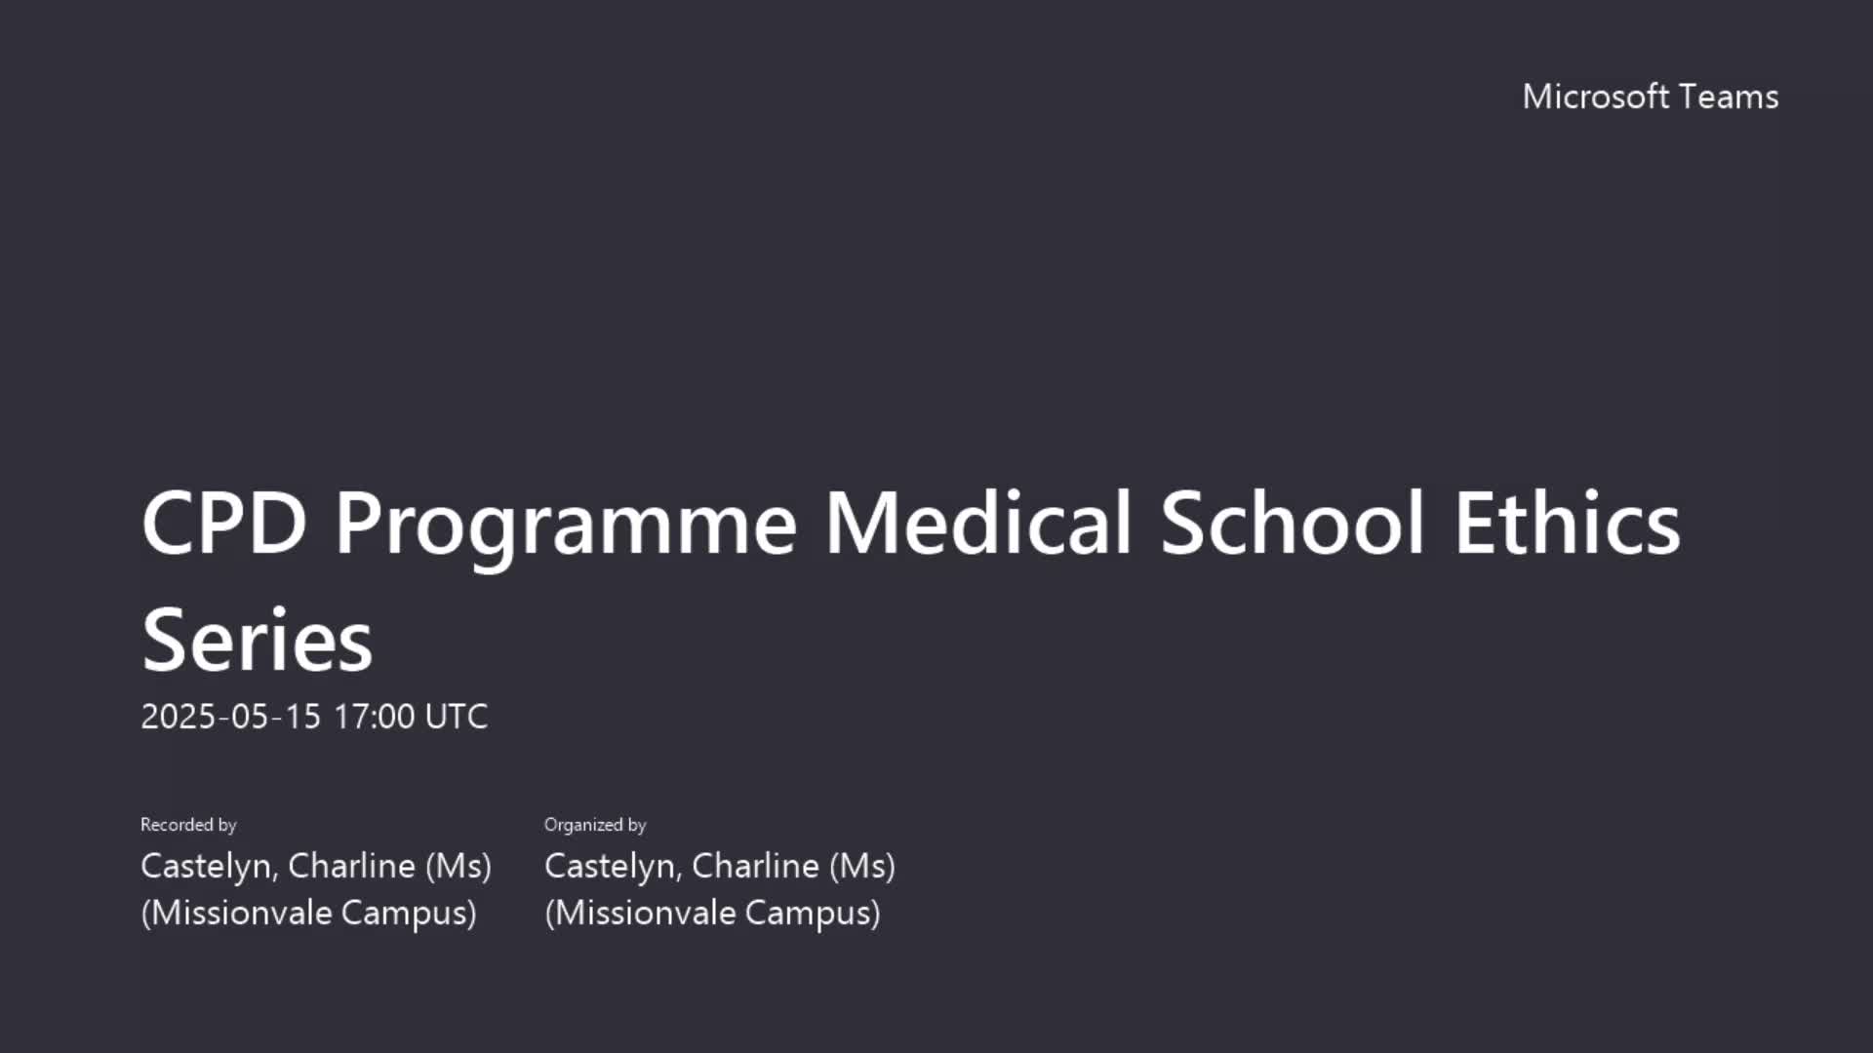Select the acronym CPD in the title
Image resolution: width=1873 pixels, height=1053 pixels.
pos(224,523)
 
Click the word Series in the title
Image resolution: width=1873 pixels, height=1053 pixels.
pos(258,640)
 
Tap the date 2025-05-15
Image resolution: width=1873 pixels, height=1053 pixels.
pos(231,717)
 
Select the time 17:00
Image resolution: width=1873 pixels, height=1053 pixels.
pos(375,717)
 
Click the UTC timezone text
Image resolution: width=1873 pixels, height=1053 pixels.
pos(457,717)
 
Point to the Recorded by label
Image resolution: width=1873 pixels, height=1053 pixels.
pos(188,825)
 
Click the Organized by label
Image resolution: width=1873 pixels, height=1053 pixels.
pos(595,825)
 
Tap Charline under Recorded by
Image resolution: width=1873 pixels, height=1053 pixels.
pos(352,866)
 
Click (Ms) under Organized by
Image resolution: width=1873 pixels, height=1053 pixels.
pos(862,866)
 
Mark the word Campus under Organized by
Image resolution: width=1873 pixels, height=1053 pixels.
pos(813,914)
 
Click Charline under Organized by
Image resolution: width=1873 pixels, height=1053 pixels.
pos(756,866)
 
